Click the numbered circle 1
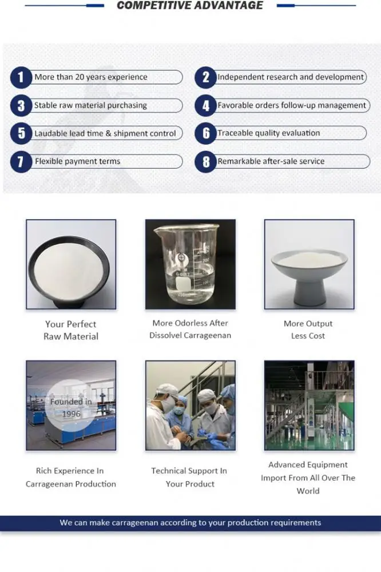pos(21,77)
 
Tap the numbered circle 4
pos(206,106)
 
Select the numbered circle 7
pos(21,162)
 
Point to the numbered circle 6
pos(206,133)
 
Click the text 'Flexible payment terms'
pos(77,161)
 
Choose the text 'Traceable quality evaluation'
pos(269,133)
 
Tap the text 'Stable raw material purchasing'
pos(90,105)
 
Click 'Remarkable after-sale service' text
pos(271,161)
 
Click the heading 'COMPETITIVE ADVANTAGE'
pos(190,6)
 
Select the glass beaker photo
pos(190,264)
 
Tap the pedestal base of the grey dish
pos(310,292)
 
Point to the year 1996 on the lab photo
pos(71,414)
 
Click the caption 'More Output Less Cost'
pos(308,330)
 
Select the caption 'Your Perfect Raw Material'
pos(71,331)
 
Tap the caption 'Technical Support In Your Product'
pos(189,478)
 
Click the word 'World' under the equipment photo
pos(308,491)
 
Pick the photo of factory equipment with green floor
pos(309,406)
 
